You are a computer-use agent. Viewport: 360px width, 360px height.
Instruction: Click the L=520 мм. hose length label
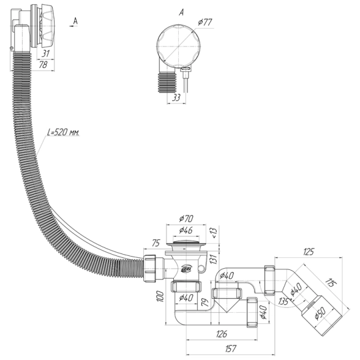click(x=63, y=132)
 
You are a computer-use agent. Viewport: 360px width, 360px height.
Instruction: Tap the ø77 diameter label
click(x=205, y=23)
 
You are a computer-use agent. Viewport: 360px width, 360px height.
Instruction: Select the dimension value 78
click(x=43, y=65)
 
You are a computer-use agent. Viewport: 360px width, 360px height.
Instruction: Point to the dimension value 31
click(x=46, y=53)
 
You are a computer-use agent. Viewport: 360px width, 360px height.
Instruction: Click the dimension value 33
click(x=176, y=97)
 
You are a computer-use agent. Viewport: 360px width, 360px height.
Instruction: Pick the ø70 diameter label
click(x=186, y=219)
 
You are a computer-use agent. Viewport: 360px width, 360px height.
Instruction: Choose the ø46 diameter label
click(x=186, y=230)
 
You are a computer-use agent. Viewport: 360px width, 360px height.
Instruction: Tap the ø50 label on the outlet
click(x=320, y=313)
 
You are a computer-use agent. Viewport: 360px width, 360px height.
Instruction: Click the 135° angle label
click(x=284, y=301)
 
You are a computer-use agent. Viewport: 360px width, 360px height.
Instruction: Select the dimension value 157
click(x=230, y=348)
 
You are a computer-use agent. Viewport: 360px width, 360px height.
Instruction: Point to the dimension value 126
click(x=222, y=334)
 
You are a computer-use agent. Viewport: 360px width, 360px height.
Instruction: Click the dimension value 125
click(x=308, y=252)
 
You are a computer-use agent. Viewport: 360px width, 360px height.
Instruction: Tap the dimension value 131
click(x=214, y=259)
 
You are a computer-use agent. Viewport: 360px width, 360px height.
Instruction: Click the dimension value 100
click(x=160, y=296)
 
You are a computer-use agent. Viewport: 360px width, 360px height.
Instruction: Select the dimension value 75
click(x=156, y=244)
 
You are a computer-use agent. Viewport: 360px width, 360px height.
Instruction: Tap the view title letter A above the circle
click(x=181, y=13)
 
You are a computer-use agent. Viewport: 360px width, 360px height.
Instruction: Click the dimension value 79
click(x=205, y=303)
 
